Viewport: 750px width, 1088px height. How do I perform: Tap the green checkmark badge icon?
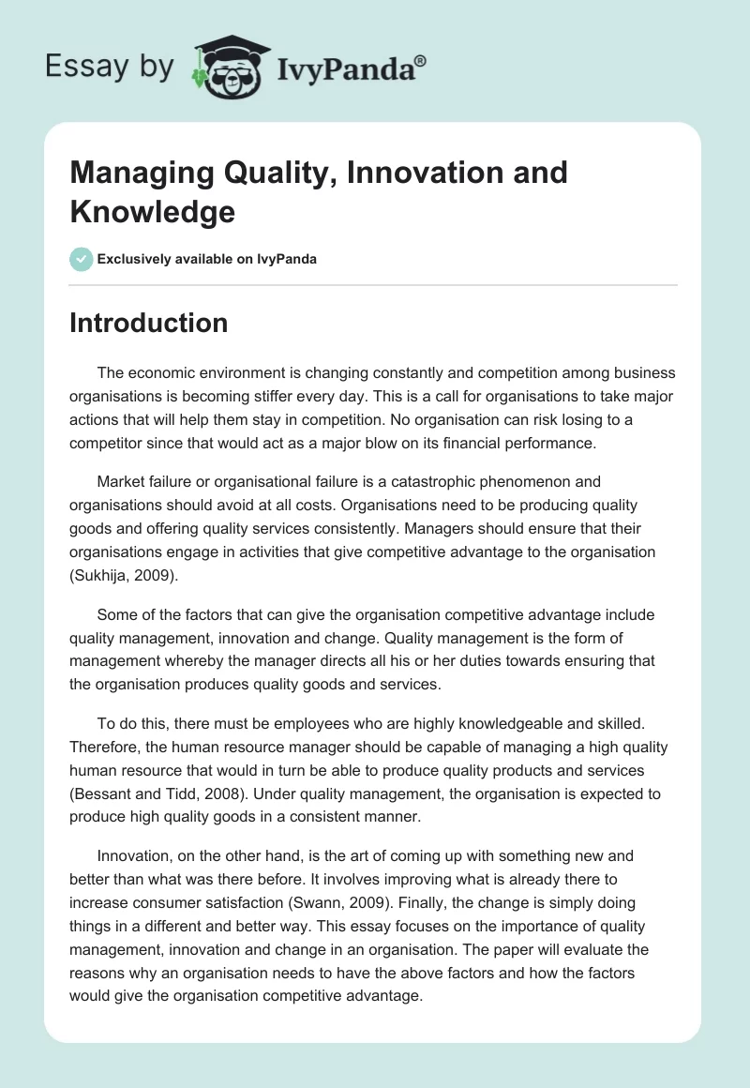pos(82,259)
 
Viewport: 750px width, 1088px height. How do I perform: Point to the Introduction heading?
pos(149,323)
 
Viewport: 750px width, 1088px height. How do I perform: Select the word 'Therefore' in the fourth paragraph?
pos(103,748)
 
